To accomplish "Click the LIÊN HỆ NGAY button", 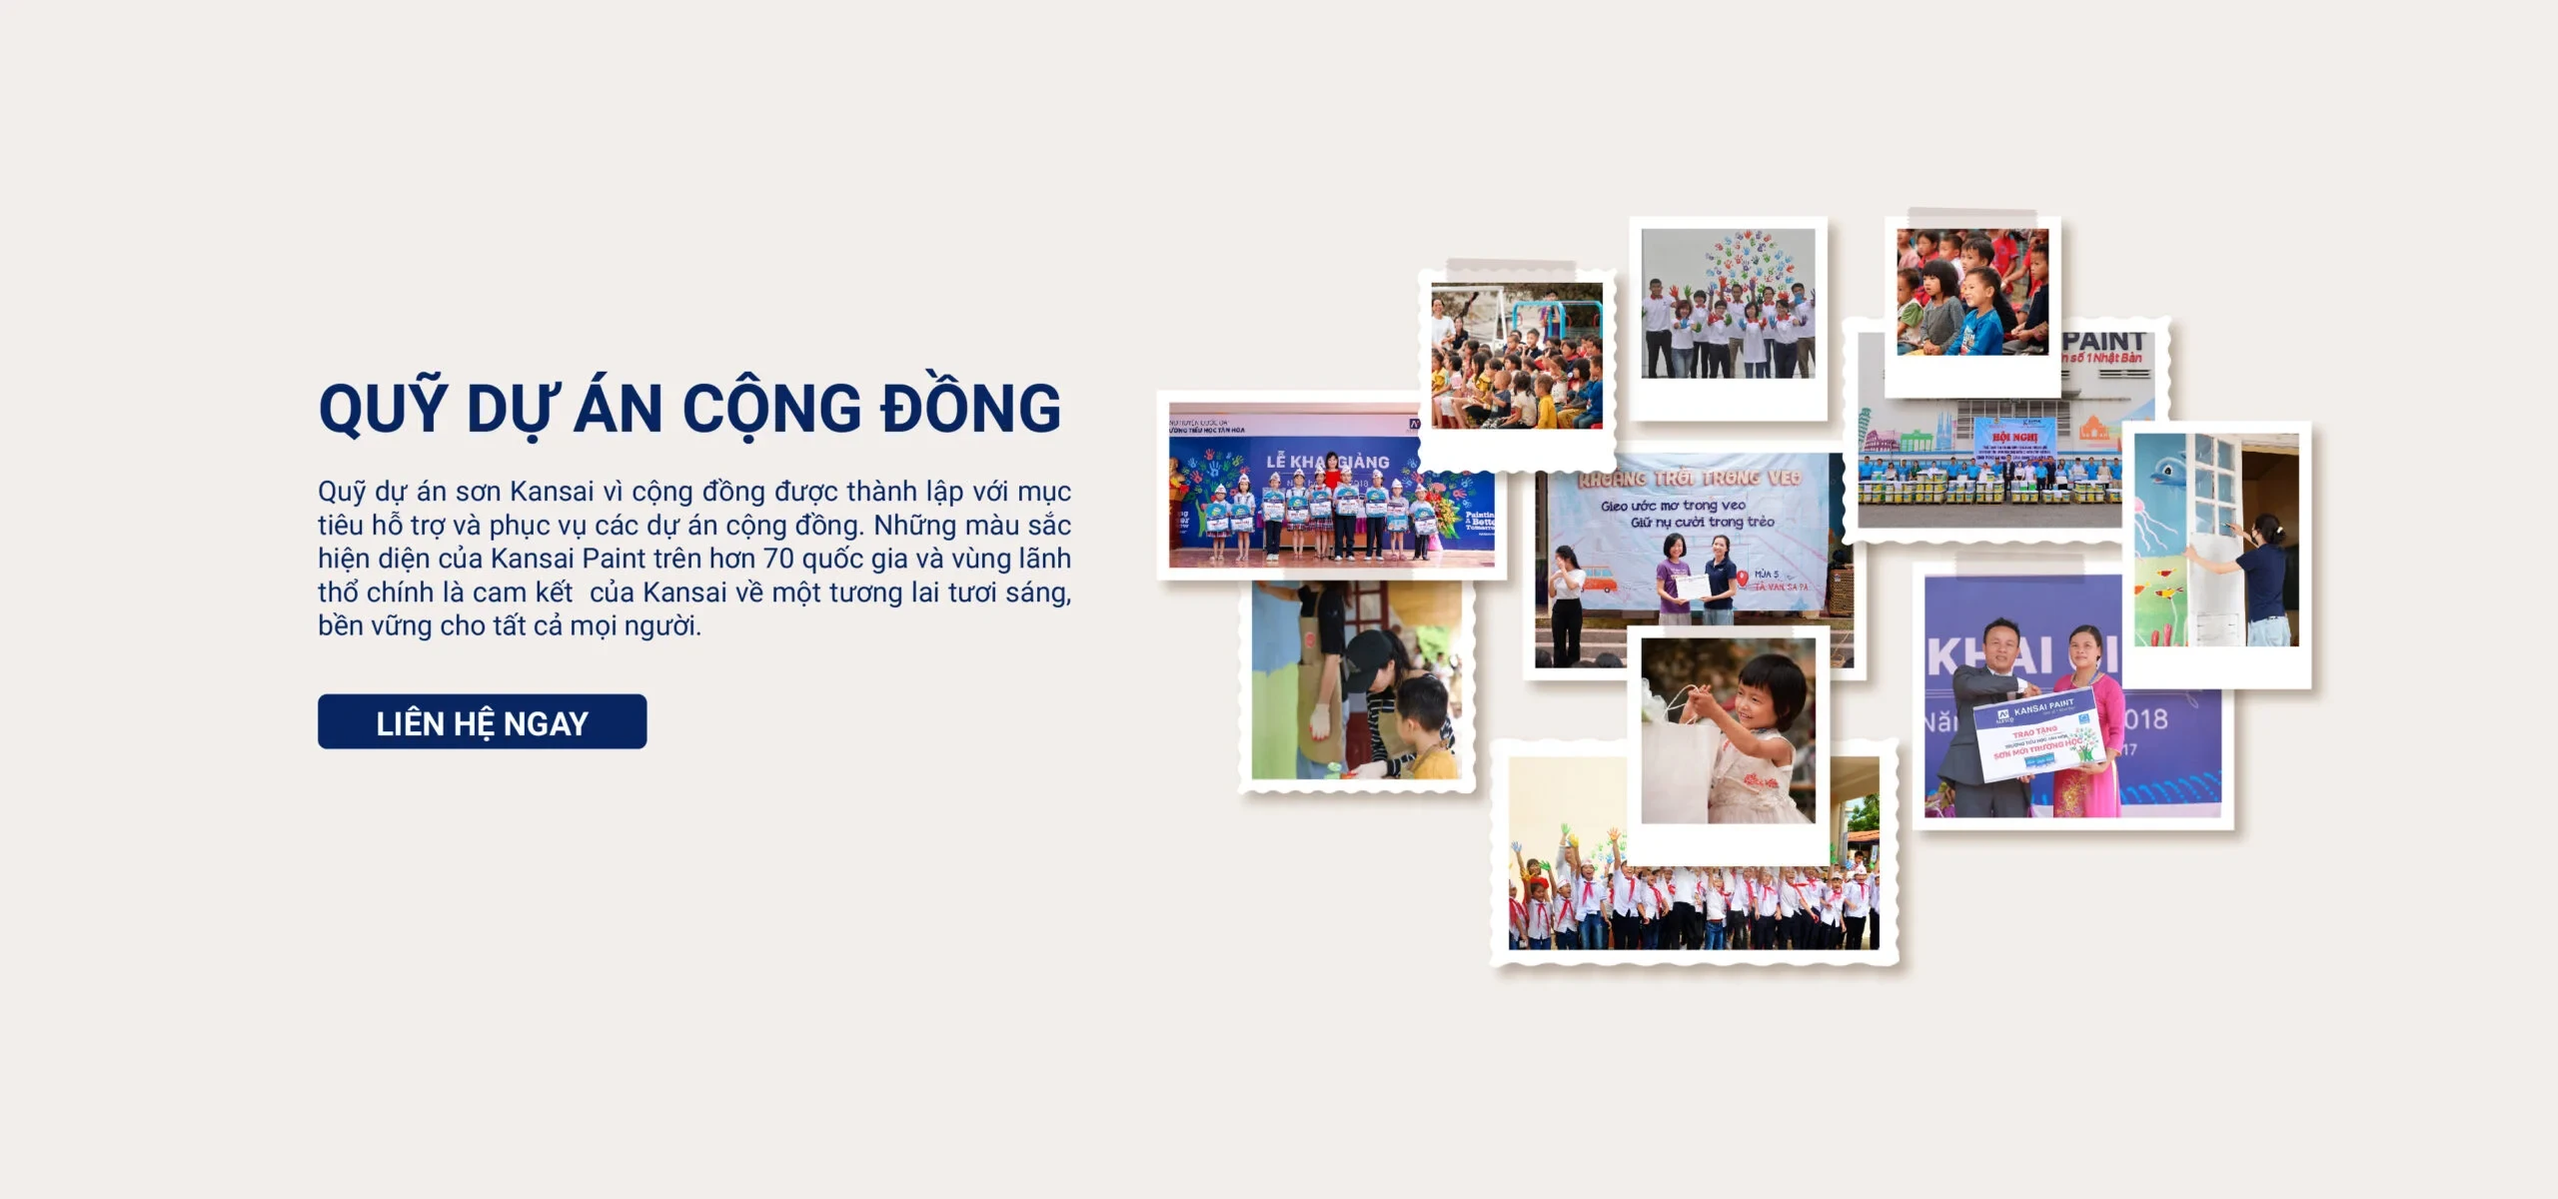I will point(482,721).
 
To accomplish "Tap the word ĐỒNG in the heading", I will point(970,408).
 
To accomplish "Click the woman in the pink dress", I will point(2088,719).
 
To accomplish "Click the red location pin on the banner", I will point(1743,578).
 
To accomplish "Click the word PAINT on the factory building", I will point(2103,341).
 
